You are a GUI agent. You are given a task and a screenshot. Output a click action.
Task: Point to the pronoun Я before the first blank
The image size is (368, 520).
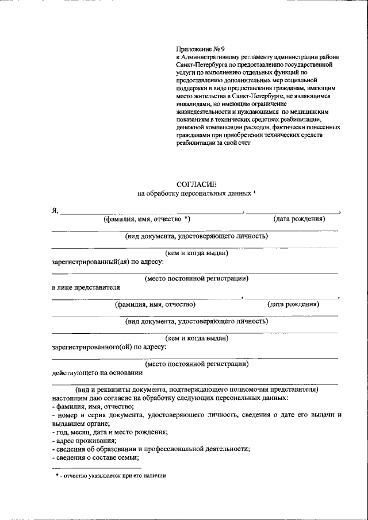pyautogui.click(x=55, y=211)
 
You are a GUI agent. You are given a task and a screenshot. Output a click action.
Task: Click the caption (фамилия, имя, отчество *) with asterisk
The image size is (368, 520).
pyautogui.click(x=147, y=219)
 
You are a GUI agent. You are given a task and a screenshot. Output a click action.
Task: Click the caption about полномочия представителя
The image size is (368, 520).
pyautogui.click(x=196, y=389)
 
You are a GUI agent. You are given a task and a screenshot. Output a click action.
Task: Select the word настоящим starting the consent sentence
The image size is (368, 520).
pyautogui.click(x=68, y=398)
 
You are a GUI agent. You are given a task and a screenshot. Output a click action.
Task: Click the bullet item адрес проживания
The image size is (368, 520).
pyautogui.click(x=83, y=440)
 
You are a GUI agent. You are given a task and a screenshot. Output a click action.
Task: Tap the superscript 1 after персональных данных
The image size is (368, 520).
pyautogui.click(x=254, y=192)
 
